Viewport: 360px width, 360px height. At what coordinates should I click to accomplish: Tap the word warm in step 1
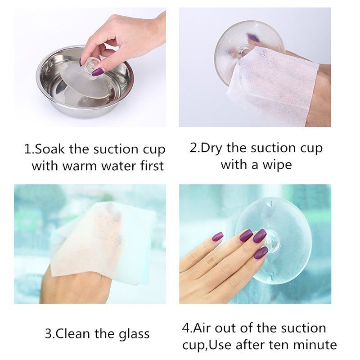point(80,166)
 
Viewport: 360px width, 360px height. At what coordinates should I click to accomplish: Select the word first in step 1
point(152,165)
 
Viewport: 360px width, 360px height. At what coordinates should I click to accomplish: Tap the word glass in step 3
point(134,334)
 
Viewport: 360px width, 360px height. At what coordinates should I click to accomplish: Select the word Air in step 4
point(202,328)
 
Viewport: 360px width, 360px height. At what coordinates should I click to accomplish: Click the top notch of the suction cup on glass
point(270,204)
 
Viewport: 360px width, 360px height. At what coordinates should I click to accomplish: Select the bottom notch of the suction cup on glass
point(270,276)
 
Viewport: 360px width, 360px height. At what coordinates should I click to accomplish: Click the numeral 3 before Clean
point(49,334)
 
